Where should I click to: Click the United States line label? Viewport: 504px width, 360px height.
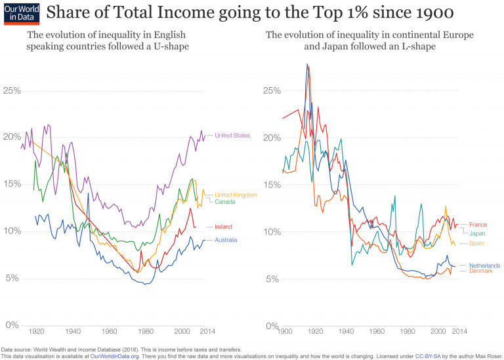pyautogui.click(x=232, y=136)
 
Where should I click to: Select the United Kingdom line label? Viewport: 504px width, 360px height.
pyautogui.click(x=236, y=195)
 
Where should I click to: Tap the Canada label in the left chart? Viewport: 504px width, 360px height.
pyautogui.click(x=226, y=201)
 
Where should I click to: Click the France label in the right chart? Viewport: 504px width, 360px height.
pyautogui.click(x=478, y=225)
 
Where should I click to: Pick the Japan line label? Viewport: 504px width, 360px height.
pyautogui.click(x=477, y=233)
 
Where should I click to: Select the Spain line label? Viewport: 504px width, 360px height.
pyautogui.click(x=477, y=243)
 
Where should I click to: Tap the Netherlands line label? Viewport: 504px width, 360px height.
pyautogui.click(x=484, y=266)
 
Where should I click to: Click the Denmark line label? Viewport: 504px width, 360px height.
pyautogui.click(x=481, y=271)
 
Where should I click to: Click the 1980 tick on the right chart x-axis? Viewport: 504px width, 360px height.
pyautogui.click(x=408, y=331)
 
